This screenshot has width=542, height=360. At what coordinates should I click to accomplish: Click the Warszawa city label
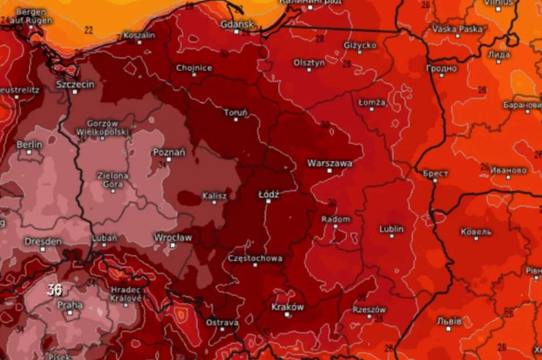point(329,163)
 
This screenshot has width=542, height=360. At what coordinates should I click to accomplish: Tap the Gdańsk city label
point(237,24)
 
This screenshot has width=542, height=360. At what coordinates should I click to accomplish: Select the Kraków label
point(287,307)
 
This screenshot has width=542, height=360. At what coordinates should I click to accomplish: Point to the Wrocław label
point(173,238)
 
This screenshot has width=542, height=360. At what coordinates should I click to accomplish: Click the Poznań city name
point(169,152)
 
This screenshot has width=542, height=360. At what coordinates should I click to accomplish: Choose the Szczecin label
point(75,84)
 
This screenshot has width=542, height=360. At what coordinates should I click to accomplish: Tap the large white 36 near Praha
point(55,289)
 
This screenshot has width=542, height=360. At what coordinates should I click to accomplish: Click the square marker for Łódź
point(268,201)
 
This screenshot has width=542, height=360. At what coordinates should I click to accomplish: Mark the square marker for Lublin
point(392,236)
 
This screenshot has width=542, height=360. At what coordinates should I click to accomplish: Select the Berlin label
point(29,144)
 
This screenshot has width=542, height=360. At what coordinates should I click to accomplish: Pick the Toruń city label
point(235,112)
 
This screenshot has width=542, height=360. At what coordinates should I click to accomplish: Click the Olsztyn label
point(309,63)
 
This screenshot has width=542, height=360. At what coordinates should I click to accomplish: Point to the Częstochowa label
point(255,258)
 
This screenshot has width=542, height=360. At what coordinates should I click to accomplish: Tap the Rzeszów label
point(369,309)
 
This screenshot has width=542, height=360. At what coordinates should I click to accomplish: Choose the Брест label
point(435,173)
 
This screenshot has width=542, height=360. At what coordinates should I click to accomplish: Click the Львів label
point(449,321)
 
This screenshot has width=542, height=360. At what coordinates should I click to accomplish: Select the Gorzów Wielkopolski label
point(102,127)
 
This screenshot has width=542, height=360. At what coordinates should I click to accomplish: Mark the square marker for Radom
point(336,226)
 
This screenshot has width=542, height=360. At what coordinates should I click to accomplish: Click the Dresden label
point(43,241)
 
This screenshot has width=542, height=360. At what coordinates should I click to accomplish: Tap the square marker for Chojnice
point(194,75)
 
